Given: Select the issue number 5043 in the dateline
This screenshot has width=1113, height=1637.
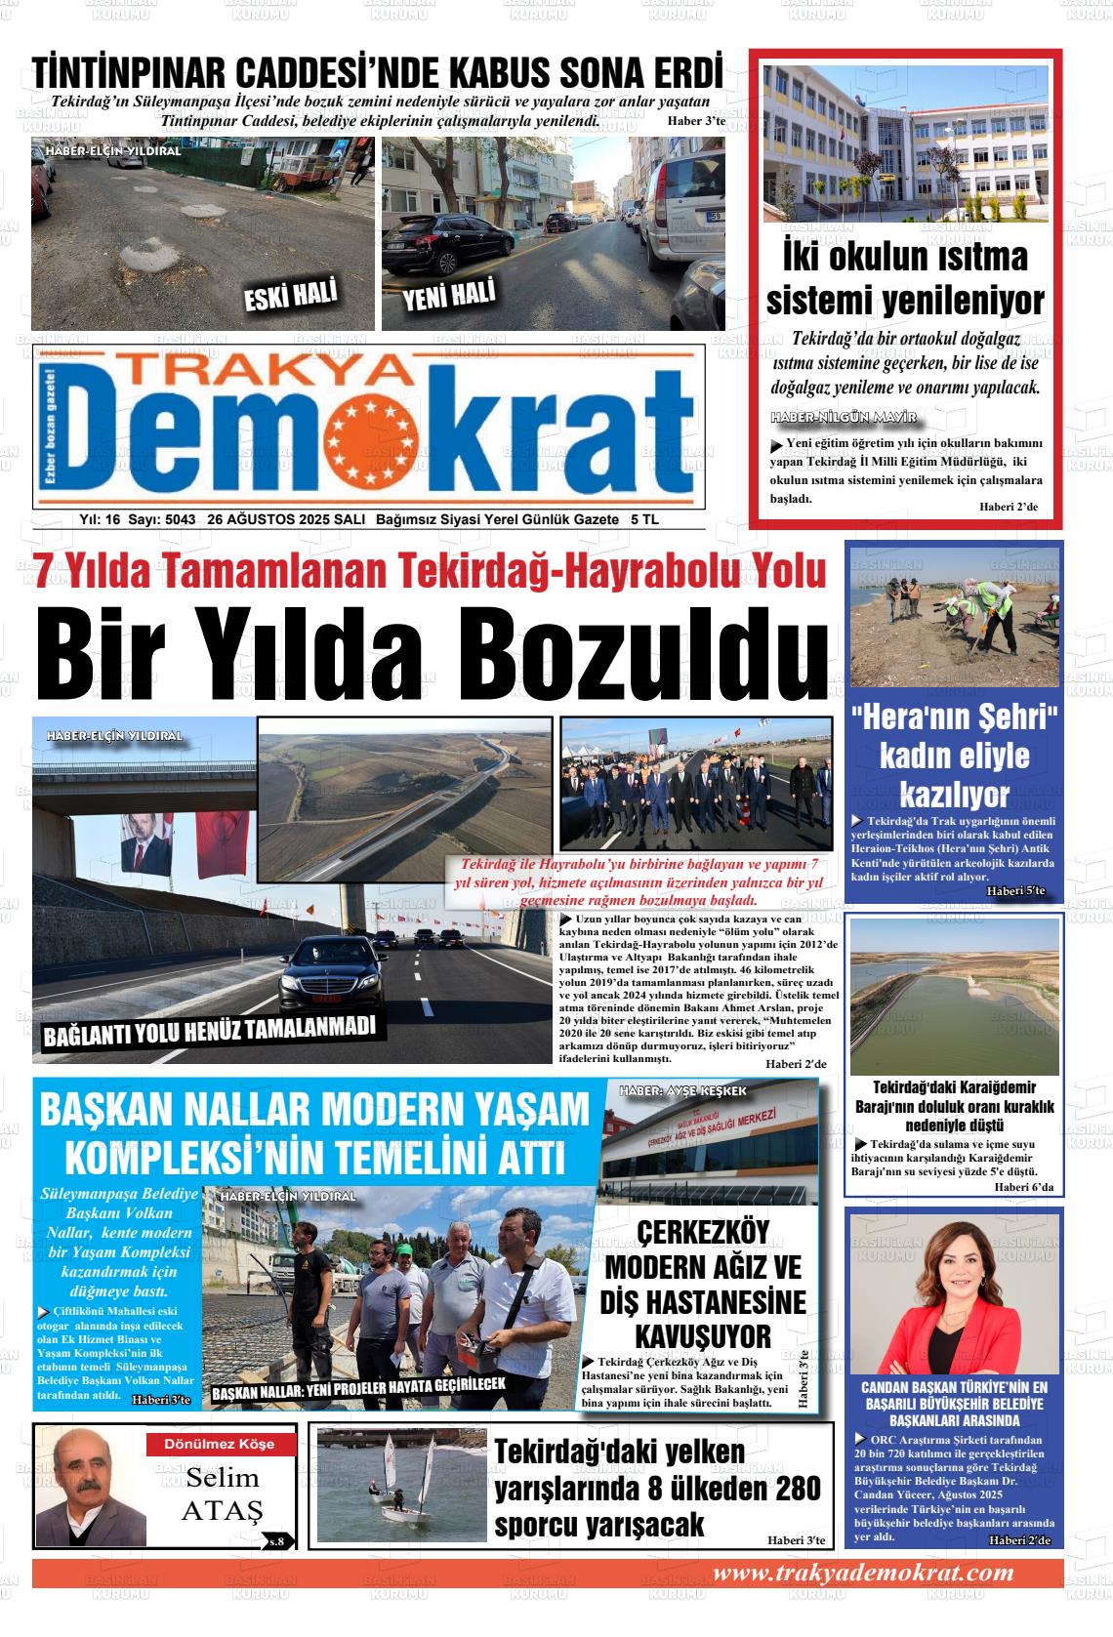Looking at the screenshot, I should pos(181,519).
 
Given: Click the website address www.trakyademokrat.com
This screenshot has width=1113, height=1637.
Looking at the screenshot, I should pos(862,1573).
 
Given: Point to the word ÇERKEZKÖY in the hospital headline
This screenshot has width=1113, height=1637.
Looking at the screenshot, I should pos(703,1233).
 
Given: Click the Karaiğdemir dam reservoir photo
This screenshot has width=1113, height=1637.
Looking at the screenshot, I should pos(954,996).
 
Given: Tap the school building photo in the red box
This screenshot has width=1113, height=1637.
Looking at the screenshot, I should pos(905,143).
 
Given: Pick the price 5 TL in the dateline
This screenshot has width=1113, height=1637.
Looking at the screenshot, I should pos(645,519).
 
